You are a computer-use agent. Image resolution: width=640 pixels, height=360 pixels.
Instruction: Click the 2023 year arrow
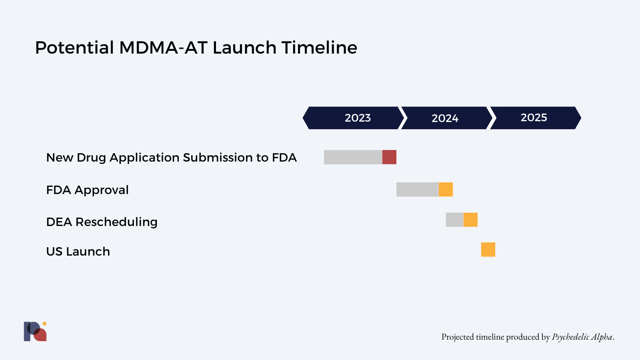(354, 118)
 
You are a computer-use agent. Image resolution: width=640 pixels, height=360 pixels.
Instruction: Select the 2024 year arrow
(445, 118)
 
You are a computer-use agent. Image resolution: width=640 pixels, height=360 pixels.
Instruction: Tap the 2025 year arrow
(534, 118)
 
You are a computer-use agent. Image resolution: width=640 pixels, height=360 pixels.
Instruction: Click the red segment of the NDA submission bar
(389, 157)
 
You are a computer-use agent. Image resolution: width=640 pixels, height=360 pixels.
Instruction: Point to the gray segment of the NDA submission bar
(353, 157)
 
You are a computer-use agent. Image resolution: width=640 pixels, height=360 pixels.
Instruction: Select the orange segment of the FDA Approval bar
(446, 190)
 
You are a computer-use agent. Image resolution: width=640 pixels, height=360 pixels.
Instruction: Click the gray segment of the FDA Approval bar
(417, 190)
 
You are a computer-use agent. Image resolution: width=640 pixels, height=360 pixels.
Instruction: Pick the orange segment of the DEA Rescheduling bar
(470, 220)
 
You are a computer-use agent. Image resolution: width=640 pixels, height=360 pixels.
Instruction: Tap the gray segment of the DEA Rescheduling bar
(454, 220)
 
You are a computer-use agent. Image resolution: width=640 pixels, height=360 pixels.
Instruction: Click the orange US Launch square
(488, 250)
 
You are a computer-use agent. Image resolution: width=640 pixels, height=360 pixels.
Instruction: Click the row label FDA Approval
(87, 190)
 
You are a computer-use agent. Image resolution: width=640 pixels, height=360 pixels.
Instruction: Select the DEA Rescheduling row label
(102, 222)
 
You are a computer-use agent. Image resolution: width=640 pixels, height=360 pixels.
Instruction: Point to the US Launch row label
(78, 252)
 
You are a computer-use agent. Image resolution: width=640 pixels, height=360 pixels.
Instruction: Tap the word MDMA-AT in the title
(163, 48)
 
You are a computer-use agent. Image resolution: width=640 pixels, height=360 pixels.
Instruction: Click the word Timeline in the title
(319, 48)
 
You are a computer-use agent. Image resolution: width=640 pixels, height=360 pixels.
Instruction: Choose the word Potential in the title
(74, 48)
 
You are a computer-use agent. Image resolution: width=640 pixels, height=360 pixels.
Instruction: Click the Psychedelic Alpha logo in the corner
(35, 331)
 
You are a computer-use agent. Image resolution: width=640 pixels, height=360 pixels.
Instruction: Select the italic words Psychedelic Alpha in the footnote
(582, 337)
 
